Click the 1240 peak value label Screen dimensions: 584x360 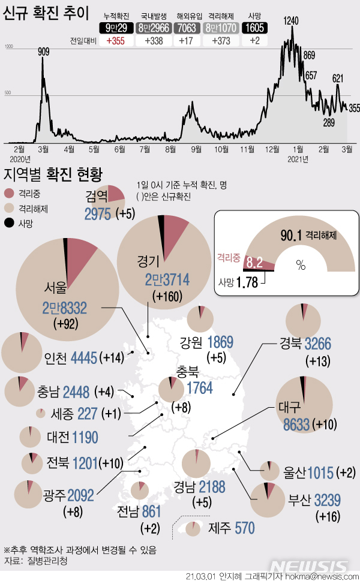pos(291,21)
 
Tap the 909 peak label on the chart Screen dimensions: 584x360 pos(44,52)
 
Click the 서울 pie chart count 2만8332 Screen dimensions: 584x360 pos(65,308)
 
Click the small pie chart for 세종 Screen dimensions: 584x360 pos(41,413)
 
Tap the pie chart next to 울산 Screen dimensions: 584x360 pos(269,471)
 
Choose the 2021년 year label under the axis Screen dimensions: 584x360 pos(298,159)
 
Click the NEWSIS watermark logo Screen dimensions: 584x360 pos(308,566)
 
